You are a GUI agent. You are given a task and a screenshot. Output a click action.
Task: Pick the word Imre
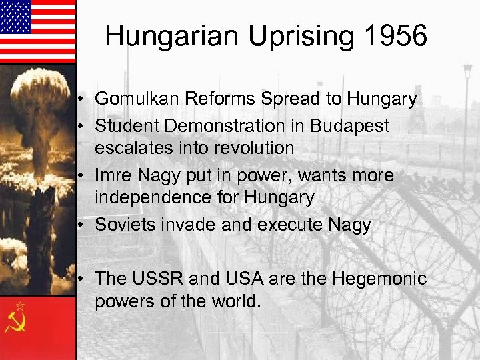114,175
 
